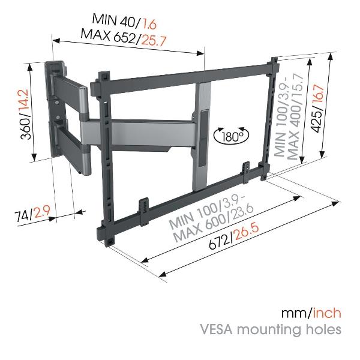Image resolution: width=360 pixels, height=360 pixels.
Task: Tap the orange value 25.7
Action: click(x=154, y=41)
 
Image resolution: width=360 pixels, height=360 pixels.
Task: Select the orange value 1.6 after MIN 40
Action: click(x=149, y=24)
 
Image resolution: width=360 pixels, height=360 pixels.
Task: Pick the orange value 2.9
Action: click(x=42, y=212)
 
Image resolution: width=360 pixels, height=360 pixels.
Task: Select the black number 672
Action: click(x=219, y=242)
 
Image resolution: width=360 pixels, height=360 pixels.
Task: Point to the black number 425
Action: click(x=318, y=122)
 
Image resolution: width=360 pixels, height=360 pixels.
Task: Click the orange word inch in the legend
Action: click(x=327, y=313)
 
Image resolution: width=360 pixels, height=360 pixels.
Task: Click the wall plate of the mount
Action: click(x=53, y=109)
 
